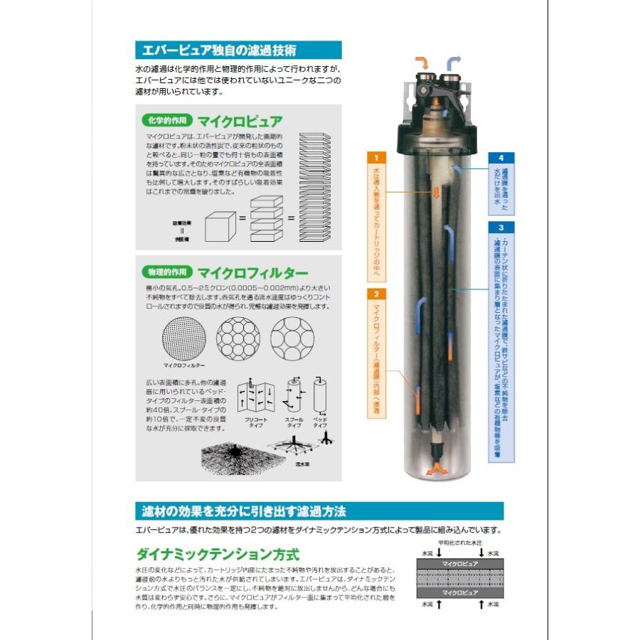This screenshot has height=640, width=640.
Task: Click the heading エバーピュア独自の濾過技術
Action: point(220,50)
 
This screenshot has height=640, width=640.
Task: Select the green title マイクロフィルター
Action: point(252,272)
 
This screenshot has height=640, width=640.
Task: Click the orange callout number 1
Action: point(376,157)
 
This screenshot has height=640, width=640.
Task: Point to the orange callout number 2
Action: point(376,293)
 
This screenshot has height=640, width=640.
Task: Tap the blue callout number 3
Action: point(501,228)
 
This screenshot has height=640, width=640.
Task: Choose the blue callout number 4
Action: point(501,158)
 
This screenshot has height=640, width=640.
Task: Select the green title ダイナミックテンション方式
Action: point(218,554)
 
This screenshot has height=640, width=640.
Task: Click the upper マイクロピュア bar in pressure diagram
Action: point(460,563)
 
